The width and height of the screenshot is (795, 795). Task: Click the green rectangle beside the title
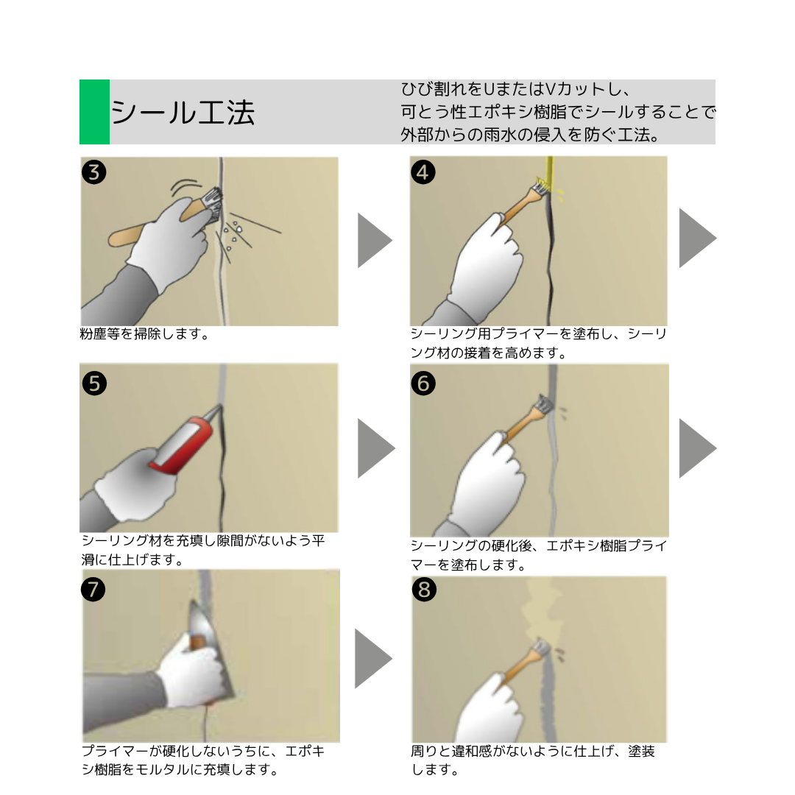point(94,112)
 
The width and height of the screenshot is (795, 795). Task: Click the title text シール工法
point(183,113)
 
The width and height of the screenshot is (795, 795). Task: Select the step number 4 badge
point(424,172)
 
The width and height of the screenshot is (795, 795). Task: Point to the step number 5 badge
point(95,383)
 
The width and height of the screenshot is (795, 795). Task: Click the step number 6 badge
point(424,383)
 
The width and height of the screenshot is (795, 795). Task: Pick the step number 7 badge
point(95,589)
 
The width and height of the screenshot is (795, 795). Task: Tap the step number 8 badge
point(424,589)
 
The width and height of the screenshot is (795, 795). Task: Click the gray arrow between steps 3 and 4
point(374,240)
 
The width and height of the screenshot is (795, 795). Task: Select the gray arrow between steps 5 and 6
point(374,448)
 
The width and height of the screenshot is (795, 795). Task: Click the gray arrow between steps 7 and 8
point(372,658)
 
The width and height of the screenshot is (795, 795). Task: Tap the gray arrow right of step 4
point(696,238)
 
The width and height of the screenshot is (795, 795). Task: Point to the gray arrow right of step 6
point(696,448)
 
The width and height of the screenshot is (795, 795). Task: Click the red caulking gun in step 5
point(180,445)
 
